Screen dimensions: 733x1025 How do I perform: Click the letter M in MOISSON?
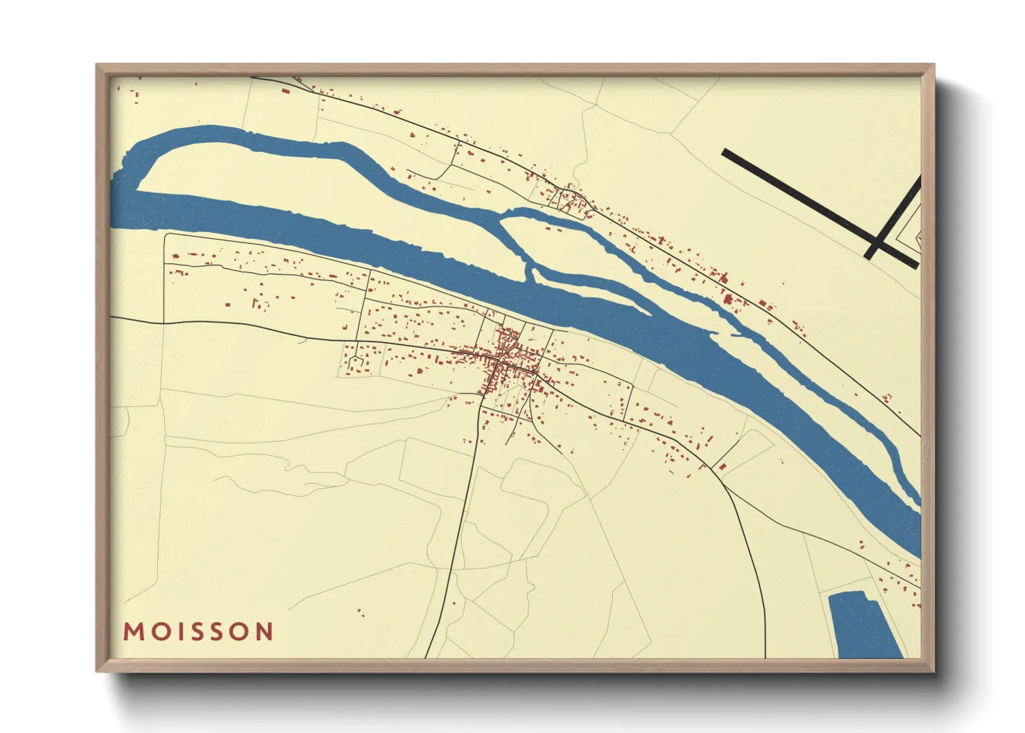click(x=133, y=632)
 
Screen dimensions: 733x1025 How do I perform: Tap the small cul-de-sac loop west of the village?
click(x=357, y=361)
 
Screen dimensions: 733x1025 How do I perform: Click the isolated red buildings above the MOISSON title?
click(x=360, y=612)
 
